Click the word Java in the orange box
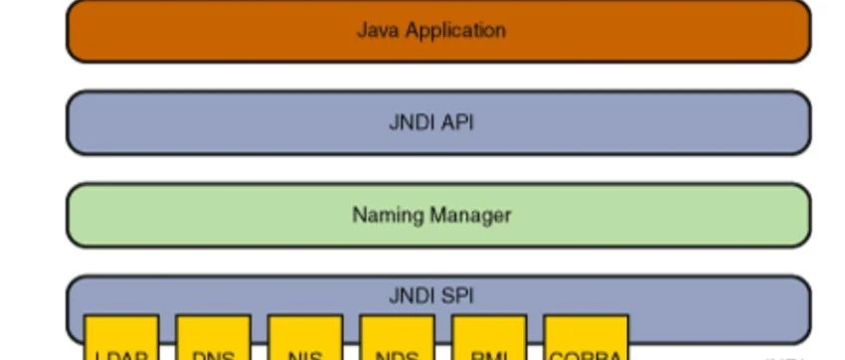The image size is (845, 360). pos(374,30)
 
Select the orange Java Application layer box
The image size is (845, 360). pos(199,30)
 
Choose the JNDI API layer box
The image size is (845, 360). pos(199,122)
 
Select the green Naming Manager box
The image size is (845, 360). pos(199,214)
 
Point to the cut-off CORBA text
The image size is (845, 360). pos(586,355)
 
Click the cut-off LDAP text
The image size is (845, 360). pos(121,355)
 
